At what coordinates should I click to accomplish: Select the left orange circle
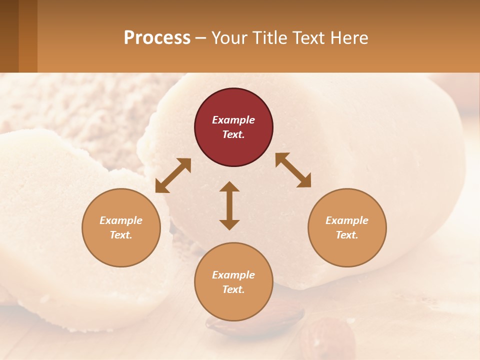point(121,227)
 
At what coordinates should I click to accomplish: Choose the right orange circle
point(347,227)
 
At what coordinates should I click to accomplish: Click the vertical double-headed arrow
point(229,205)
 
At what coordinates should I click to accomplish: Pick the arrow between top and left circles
point(173,175)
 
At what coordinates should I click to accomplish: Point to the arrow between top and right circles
point(293,170)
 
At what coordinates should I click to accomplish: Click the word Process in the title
point(157,37)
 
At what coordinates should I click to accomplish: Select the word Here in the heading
point(349,37)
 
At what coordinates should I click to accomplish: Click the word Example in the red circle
point(233,120)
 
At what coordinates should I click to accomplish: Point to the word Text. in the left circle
point(121,235)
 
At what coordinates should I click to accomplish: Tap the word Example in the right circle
point(347,220)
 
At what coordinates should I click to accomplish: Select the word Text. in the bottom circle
point(233,289)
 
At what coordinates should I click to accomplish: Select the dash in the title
point(200,38)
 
